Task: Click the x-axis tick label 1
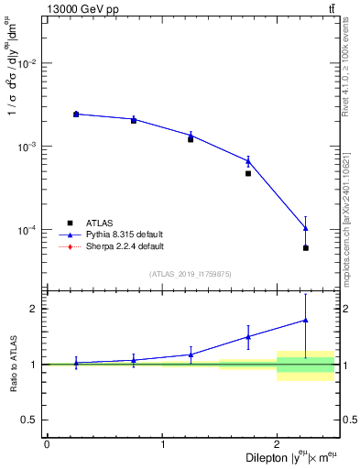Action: point(162,444)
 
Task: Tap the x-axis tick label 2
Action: point(277,444)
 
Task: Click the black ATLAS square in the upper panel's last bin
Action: point(305,248)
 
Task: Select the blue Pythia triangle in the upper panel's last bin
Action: point(305,228)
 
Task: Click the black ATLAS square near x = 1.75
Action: point(248,173)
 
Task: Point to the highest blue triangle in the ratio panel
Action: point(305,321)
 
